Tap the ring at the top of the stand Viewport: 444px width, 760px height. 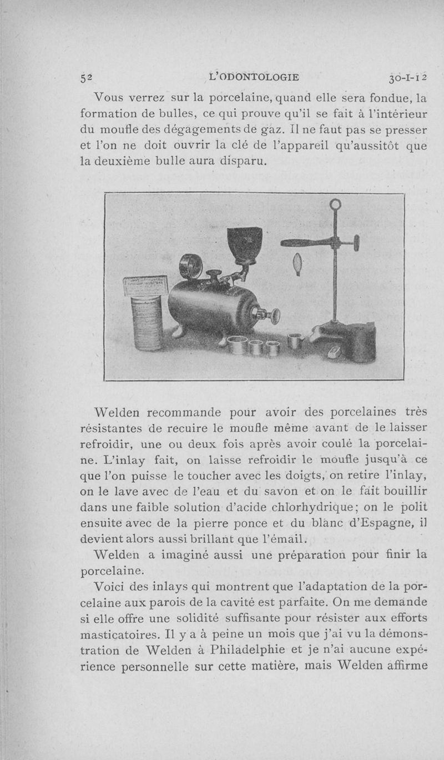[x=335, y=205]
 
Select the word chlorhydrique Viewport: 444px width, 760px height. [x=311, y=507]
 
